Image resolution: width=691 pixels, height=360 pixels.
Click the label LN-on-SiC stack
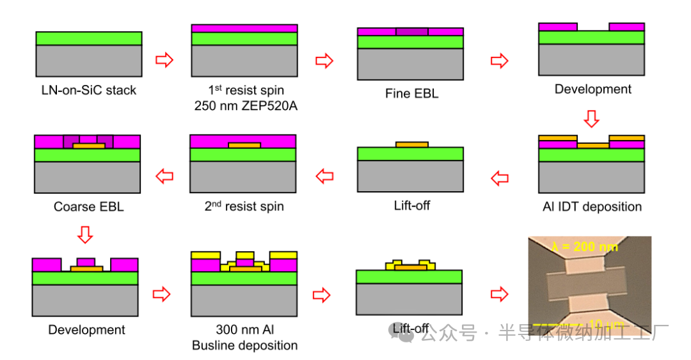pos(88,90)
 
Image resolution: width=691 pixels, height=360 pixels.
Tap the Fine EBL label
pos(411,93)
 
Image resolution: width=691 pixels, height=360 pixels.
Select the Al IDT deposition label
pos(591,207)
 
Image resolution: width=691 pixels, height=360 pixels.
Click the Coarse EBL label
pos(88,207)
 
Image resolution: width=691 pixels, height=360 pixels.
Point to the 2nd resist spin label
pos(244,207)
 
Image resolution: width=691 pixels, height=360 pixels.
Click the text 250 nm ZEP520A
pos(246,106)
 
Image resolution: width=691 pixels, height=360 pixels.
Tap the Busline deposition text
pos(245,345)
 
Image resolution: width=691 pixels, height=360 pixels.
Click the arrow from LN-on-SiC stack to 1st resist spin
pos(165,60)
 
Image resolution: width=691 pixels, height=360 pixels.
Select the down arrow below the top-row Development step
pos(592,118)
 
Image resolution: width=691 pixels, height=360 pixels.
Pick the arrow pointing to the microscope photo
pos(500,294)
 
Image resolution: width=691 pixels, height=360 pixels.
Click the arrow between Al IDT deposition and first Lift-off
pos(500,178)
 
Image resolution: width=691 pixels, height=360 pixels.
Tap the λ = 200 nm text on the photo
pos(585,246)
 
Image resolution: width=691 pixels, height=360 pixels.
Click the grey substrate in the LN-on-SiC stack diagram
pos(88,61)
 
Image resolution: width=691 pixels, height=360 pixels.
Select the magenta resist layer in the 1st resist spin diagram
pos(244,28)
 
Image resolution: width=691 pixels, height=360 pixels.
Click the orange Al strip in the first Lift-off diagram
pos(411,145)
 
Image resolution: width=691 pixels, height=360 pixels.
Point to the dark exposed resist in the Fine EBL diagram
pos(411,31)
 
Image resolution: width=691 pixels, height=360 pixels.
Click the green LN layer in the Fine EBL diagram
pos(411,42)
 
